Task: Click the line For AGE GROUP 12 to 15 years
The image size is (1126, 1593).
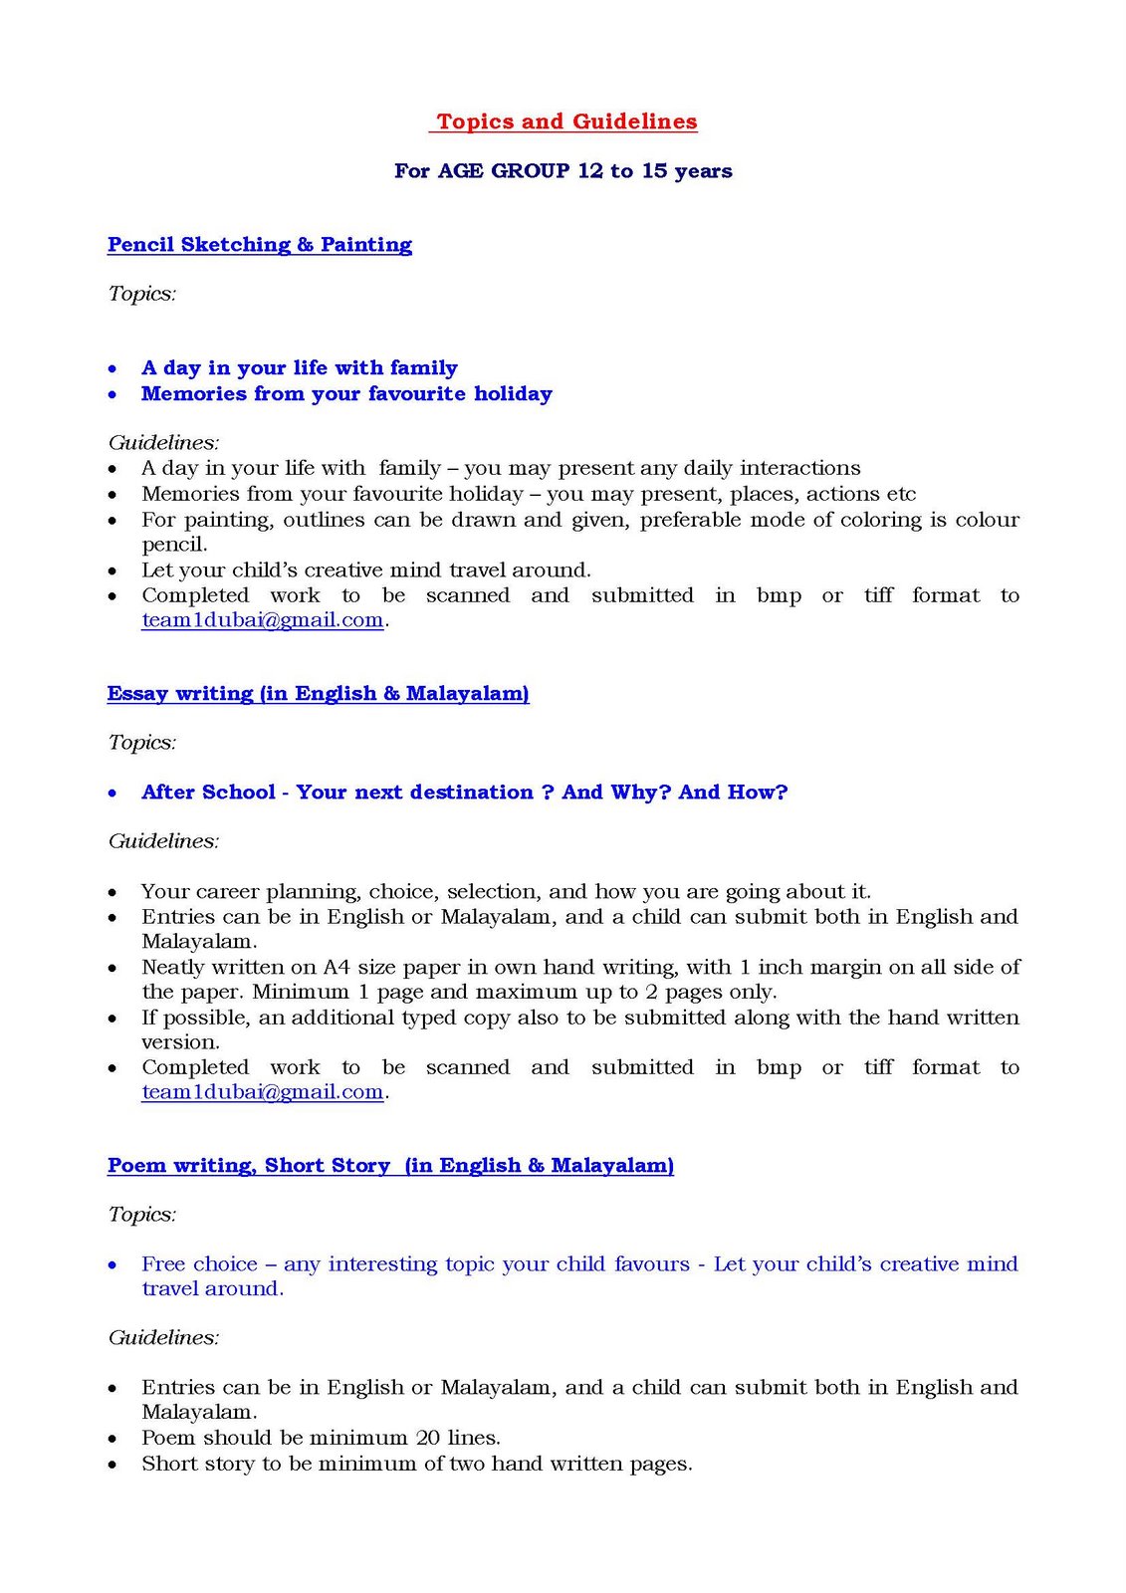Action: pyautogui.click(x=563, y=170)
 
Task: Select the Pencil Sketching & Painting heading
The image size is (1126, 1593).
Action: pyautogui.click(x=260, y=245)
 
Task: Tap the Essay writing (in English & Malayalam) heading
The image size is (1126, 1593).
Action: pyautogui.click(x=318, y=693)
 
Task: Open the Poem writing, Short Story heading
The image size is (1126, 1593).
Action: pyautogui.click(x=390, y=1165)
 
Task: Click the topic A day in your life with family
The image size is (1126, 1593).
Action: pyautogui.click(x=299, y=368)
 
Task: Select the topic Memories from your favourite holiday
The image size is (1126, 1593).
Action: pyautogui.click(x=346, y=393)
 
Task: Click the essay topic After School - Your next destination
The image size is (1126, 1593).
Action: pyautogui.click(x=464, y=793)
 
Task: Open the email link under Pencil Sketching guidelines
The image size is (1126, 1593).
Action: pyautogui.click(x=262, y=620)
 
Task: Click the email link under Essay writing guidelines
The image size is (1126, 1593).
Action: pyautogui.click(x=262, y=1092)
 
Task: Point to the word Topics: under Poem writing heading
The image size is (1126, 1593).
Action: pyautogui.click(x=142, y=1215)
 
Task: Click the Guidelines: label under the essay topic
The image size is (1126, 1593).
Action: pyautogui.click(x=163, y=841)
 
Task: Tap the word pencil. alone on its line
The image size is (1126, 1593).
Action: pyautogui.click(x=174, y=545)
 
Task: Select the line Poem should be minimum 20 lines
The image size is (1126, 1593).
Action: pyautogui.click(x=321, y=1438)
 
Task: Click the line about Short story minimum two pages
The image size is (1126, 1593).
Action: pyautogui.click(x=416, y=1464)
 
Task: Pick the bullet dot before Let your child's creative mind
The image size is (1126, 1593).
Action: pyautogui.click(x=113, y=571)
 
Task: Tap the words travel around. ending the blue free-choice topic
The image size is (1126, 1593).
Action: pyautogui.click(x=212, y=1288)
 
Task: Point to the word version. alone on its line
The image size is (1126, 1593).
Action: pyautogui.click(x=180, y=1042)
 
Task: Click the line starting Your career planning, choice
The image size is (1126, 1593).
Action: pyautogui.click(x=506, y=891)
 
